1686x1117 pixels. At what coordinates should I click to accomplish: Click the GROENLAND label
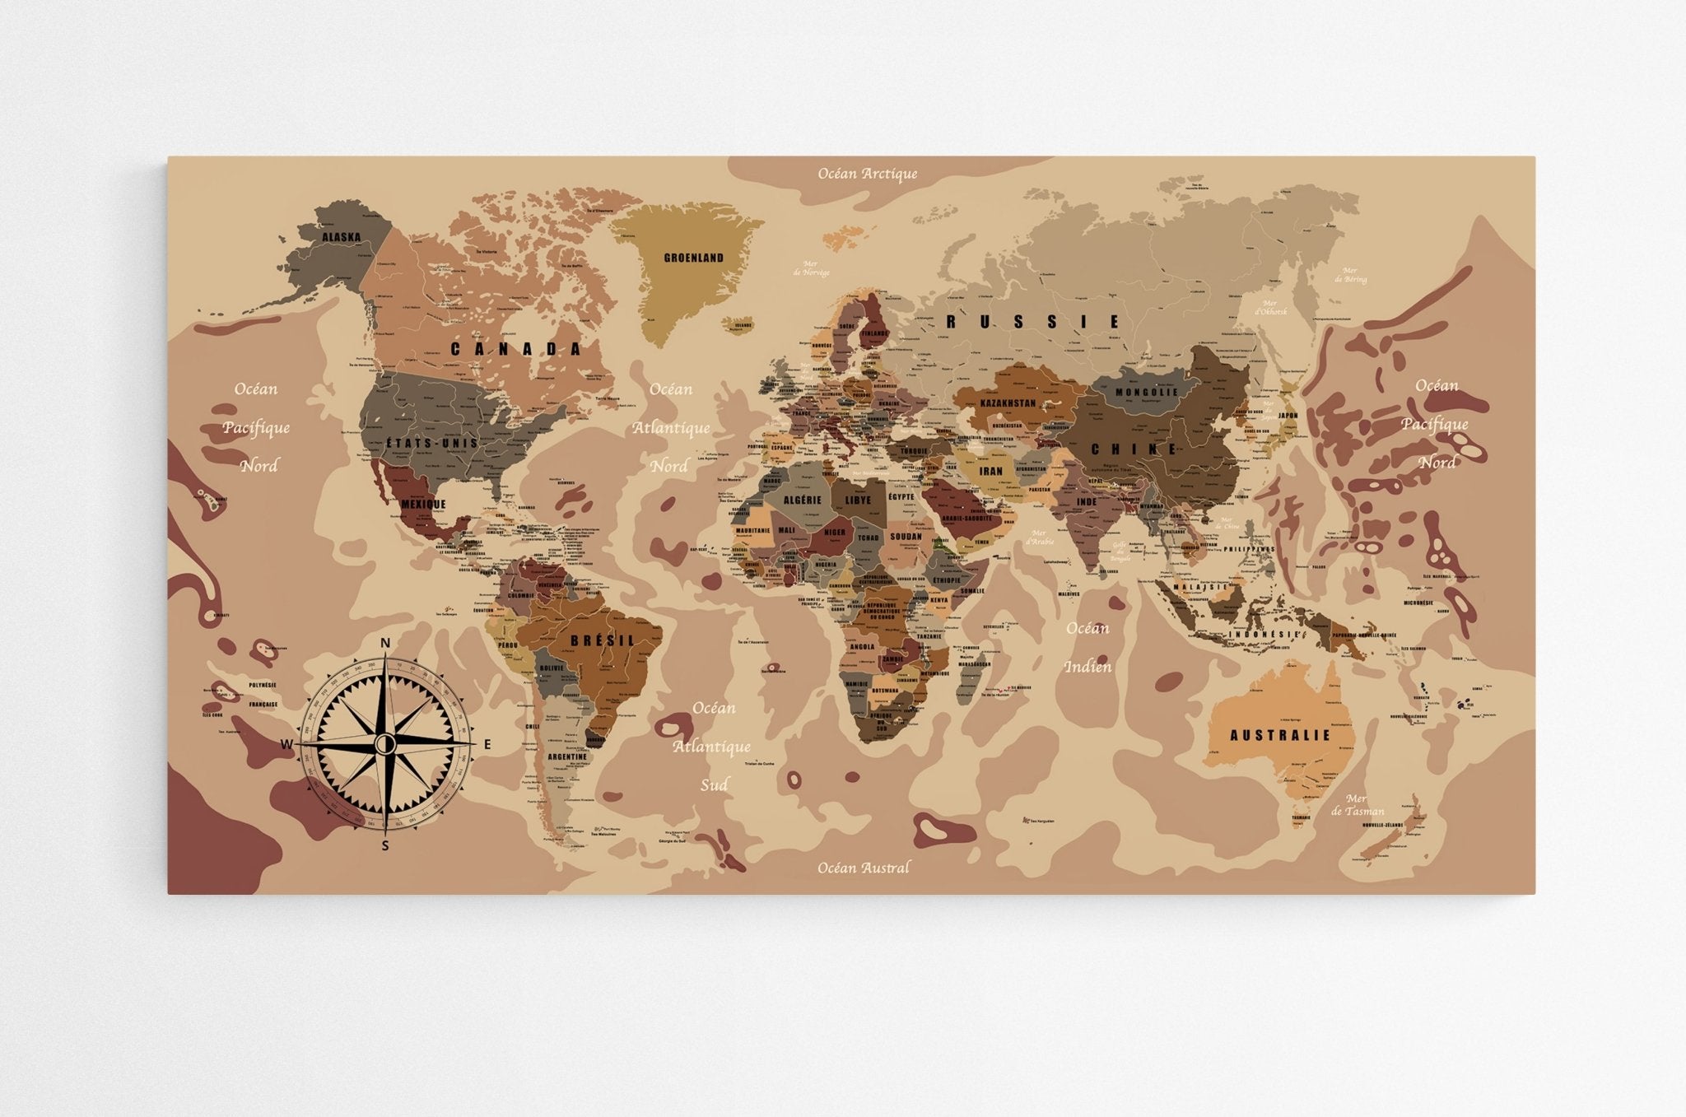693,258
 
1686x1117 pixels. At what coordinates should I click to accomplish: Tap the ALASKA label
341,237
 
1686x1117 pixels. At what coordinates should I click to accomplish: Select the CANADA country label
516,349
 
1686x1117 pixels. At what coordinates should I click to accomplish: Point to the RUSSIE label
1032,322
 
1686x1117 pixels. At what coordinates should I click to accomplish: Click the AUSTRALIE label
1279,735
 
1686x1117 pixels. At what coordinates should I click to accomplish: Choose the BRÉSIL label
603,640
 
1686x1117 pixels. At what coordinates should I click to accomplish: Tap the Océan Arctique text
867,174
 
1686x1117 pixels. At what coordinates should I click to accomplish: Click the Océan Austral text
864,868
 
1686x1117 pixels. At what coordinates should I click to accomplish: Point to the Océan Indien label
1088,647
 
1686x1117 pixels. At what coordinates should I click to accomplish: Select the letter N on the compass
384,643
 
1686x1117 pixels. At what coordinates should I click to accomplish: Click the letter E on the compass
487,745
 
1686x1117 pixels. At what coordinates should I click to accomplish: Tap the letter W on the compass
286,745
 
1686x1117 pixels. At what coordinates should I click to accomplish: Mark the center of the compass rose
384,744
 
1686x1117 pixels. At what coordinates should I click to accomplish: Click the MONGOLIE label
1147,392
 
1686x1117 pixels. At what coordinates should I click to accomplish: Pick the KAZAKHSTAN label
1008,403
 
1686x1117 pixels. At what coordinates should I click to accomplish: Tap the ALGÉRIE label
802,500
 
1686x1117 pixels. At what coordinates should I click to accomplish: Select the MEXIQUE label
423,504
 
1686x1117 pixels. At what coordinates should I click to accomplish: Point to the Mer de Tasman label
1357,805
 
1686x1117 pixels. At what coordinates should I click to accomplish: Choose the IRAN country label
990,472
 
